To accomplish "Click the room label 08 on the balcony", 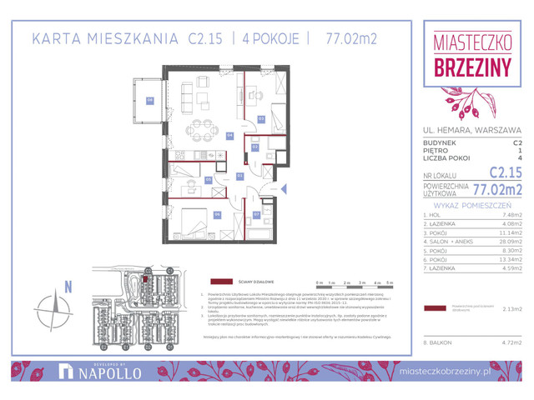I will [x=150, y=101].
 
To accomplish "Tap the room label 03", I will [x=260, y=118].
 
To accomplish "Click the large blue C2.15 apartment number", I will [x=504, y=172].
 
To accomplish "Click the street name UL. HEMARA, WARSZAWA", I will [x=471, y=130].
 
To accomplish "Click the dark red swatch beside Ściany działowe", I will [x=221, y=282].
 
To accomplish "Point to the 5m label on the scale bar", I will [x=389, y=283].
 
